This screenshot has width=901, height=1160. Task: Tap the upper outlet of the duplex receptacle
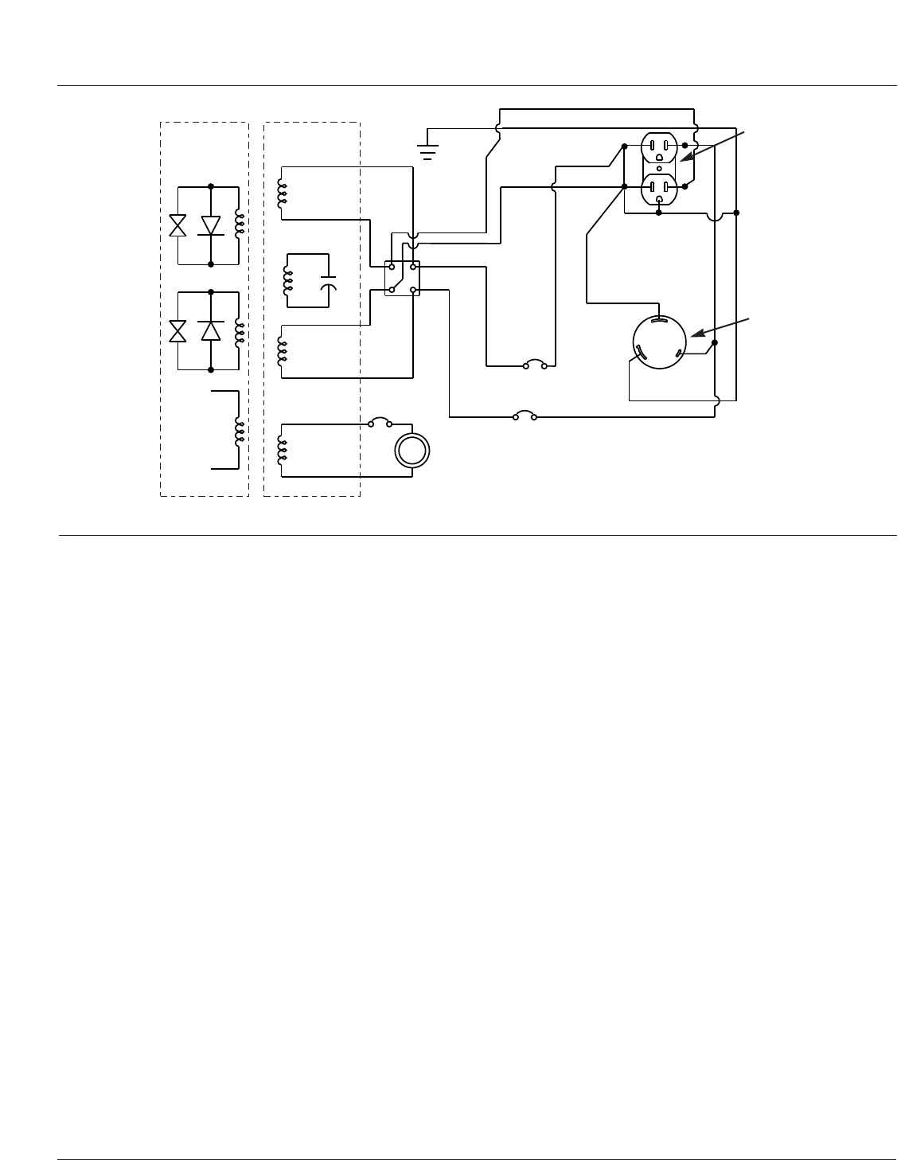659,146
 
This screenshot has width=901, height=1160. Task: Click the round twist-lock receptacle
659,343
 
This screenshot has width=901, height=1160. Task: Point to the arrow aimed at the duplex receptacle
716,150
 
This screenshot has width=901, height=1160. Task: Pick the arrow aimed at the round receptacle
720,326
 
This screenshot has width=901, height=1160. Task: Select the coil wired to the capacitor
288,280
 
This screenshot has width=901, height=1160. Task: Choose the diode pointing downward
210,225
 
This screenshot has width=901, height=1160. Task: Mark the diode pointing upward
210,330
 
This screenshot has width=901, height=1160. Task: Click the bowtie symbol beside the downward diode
178,225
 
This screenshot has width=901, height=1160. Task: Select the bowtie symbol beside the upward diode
178,330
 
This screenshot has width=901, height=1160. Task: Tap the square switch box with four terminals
402,278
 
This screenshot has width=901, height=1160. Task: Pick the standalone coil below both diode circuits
237,431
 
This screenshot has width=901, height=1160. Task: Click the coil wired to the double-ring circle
282,450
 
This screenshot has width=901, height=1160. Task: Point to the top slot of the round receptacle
659,321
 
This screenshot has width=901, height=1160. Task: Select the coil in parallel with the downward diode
238,224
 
